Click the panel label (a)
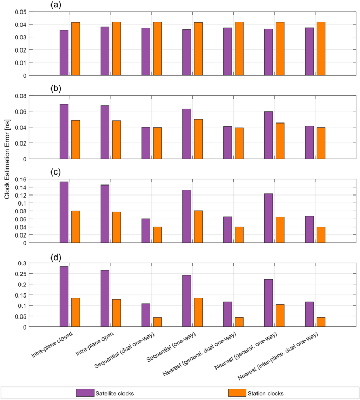tap(57, 5)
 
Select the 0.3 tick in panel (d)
tap(21, 263)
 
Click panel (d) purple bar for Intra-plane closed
tap(64, 296)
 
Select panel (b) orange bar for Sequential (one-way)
tap(198, 139)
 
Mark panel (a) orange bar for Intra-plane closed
tap(76, 48)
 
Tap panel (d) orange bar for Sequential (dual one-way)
tap(158, 322)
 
